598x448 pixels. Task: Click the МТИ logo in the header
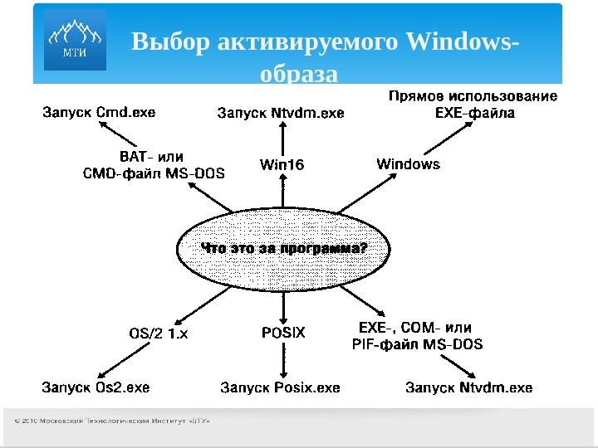(x=75, y=41)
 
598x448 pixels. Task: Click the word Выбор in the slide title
(x=170, y=42)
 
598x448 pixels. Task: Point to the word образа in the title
(x=299, y=75)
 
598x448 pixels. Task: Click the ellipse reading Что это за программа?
(x=282, y=248)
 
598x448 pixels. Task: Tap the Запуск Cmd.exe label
(x=99, y=111)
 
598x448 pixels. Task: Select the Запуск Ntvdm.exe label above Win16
(x=280, y=113)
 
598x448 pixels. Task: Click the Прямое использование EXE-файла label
(x=474, y=105)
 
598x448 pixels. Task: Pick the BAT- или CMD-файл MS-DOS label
(x=154, y=164)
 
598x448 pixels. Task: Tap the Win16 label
(x=282, y=164)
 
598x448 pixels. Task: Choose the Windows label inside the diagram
(x=409, y=164)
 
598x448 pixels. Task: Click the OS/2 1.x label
(x=159, y=334)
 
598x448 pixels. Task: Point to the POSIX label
(x=283, y=333)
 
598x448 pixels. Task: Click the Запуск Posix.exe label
(x=280, y=387)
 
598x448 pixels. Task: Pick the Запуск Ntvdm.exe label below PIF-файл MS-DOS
(x=468, y=387)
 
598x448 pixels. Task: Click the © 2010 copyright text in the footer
(x=112, y=421)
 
